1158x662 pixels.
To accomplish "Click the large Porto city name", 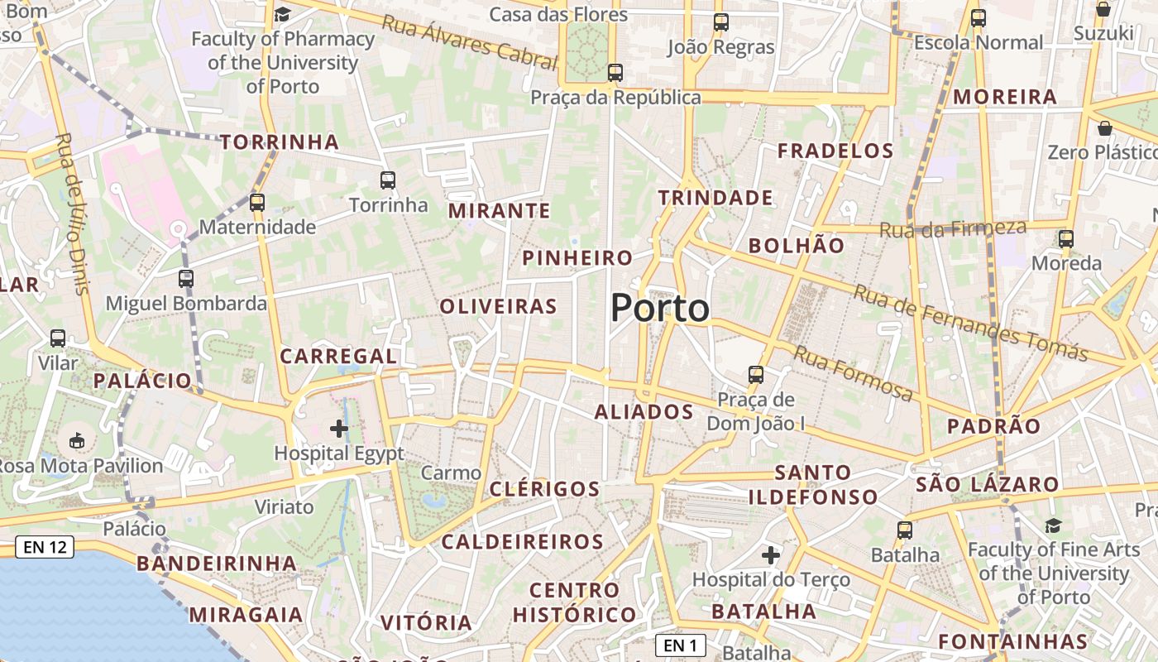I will point(660,309).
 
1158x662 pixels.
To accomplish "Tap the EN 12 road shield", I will point(45,547).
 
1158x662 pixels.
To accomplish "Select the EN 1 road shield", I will point(681,645).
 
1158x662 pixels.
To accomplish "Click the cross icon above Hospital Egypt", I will point(339,429).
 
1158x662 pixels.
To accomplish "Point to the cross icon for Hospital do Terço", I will point(771,554).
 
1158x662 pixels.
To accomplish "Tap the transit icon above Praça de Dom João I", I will point(755,374).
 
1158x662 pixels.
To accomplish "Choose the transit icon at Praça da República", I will point(615,72).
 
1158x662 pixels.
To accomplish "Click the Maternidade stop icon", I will point(257,202).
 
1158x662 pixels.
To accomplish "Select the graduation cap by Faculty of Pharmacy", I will point(282,14).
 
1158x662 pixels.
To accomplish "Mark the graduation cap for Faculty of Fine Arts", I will point(1053,525).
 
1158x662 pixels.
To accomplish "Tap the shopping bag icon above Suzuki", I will point(1103,9).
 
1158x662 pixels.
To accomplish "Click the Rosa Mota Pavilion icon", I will point(78,440).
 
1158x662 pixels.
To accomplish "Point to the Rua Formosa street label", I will point(853,373).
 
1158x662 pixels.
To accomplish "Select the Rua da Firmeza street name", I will point(952,228).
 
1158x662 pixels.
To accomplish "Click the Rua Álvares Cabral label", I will point(469,40).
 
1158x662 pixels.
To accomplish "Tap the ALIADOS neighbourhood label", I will point(644,412).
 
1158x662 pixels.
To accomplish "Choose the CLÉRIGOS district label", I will point(544,489).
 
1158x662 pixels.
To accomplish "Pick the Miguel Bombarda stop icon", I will point(186,279).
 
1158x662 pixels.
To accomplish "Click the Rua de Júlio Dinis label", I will point(73,213).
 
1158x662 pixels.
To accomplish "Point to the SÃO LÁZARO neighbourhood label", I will point(987,484).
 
